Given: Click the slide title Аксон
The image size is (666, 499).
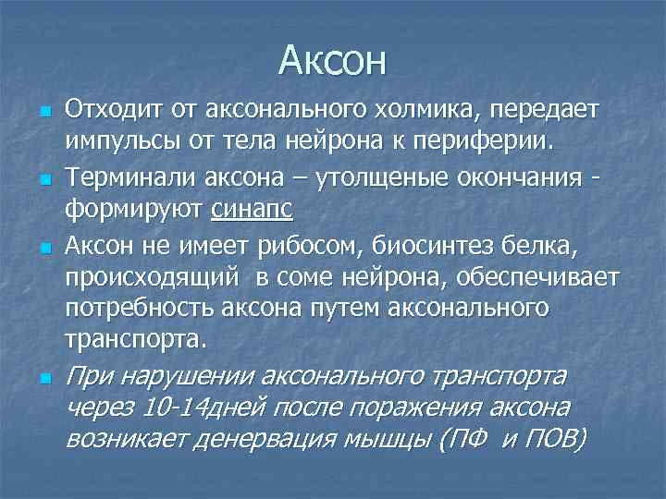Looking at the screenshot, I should tap(333, 62).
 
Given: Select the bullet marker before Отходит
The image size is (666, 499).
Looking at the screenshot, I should tap(44, 111).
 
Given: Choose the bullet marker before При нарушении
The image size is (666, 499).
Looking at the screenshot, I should tap(44, 377).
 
